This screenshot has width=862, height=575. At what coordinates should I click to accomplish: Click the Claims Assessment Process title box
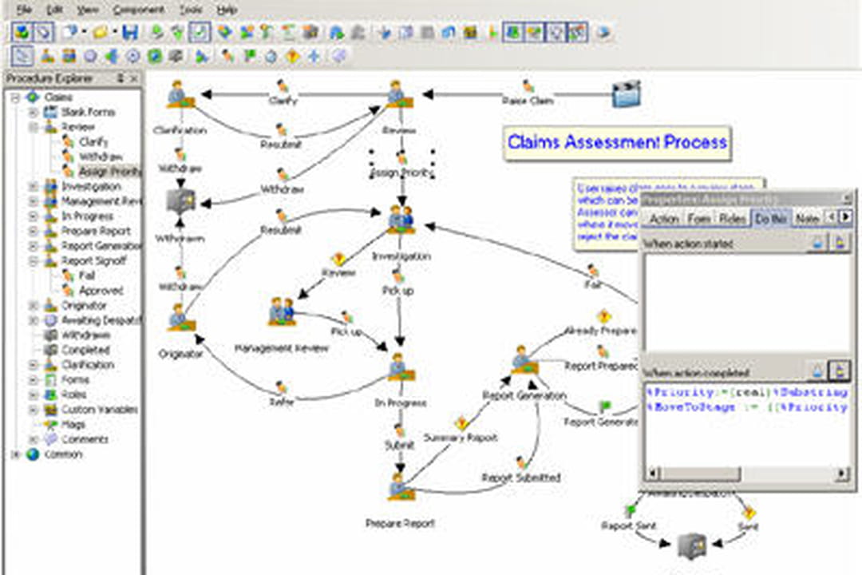617,143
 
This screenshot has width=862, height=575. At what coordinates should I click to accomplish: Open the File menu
24,10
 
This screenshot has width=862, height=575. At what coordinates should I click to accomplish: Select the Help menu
227,10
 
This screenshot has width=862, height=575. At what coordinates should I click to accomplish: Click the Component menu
138,10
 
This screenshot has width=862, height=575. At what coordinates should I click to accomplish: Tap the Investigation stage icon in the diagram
401,219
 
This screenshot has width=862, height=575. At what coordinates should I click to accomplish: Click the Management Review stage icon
281,311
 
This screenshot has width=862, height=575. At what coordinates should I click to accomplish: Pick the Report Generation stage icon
524,360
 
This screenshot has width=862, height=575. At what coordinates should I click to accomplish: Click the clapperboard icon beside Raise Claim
627,94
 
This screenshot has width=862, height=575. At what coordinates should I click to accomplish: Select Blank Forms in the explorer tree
88,112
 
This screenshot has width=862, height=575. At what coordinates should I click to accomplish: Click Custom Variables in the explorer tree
99,410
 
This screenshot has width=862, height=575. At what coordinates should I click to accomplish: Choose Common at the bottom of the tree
63,454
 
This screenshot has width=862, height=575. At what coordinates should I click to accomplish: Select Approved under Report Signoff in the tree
101,291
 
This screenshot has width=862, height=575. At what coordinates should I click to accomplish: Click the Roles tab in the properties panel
732,218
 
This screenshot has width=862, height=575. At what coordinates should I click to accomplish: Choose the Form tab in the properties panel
698,218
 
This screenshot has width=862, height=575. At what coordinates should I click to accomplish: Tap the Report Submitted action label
520,478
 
